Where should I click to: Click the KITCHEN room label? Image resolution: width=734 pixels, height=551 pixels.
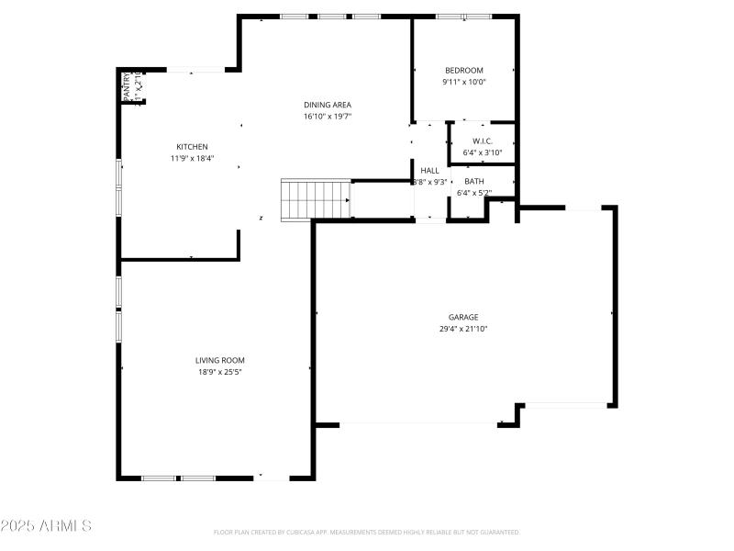click(192, 147)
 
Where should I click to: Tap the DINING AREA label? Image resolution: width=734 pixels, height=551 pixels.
click(328, 105)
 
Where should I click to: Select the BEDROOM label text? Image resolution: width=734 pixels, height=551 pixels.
click(463, 71)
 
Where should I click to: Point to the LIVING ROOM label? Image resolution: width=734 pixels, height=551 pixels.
click(219, 360)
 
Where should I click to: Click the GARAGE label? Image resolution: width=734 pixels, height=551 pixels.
click(463, 317)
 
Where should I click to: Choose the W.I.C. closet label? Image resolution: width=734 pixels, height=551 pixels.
click(483, 141)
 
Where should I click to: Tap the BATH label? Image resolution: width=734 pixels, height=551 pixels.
click(474, 181)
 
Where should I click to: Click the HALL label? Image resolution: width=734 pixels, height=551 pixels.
click(429, 170)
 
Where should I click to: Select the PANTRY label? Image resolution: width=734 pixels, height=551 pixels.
click(128, 86)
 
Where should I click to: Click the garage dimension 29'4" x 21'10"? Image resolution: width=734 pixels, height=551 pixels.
click(463, 329)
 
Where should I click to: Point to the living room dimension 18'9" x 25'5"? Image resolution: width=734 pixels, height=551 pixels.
click(219, 372)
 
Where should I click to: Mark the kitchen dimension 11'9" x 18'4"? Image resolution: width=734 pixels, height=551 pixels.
click(192, 159)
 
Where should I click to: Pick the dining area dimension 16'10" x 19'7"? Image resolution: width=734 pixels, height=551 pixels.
click(328, 117)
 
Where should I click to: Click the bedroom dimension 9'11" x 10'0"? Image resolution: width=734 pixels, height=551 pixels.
click(463, 82)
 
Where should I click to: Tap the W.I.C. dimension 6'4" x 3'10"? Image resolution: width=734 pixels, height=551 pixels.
click(483, 152)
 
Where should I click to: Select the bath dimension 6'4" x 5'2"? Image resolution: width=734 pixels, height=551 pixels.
click(474, 193)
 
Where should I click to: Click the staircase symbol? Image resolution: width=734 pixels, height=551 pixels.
click(316, 199)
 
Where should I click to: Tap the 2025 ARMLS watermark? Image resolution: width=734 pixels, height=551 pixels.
click(46, 526)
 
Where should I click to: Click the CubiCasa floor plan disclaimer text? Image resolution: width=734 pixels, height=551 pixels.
click(366, 532)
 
